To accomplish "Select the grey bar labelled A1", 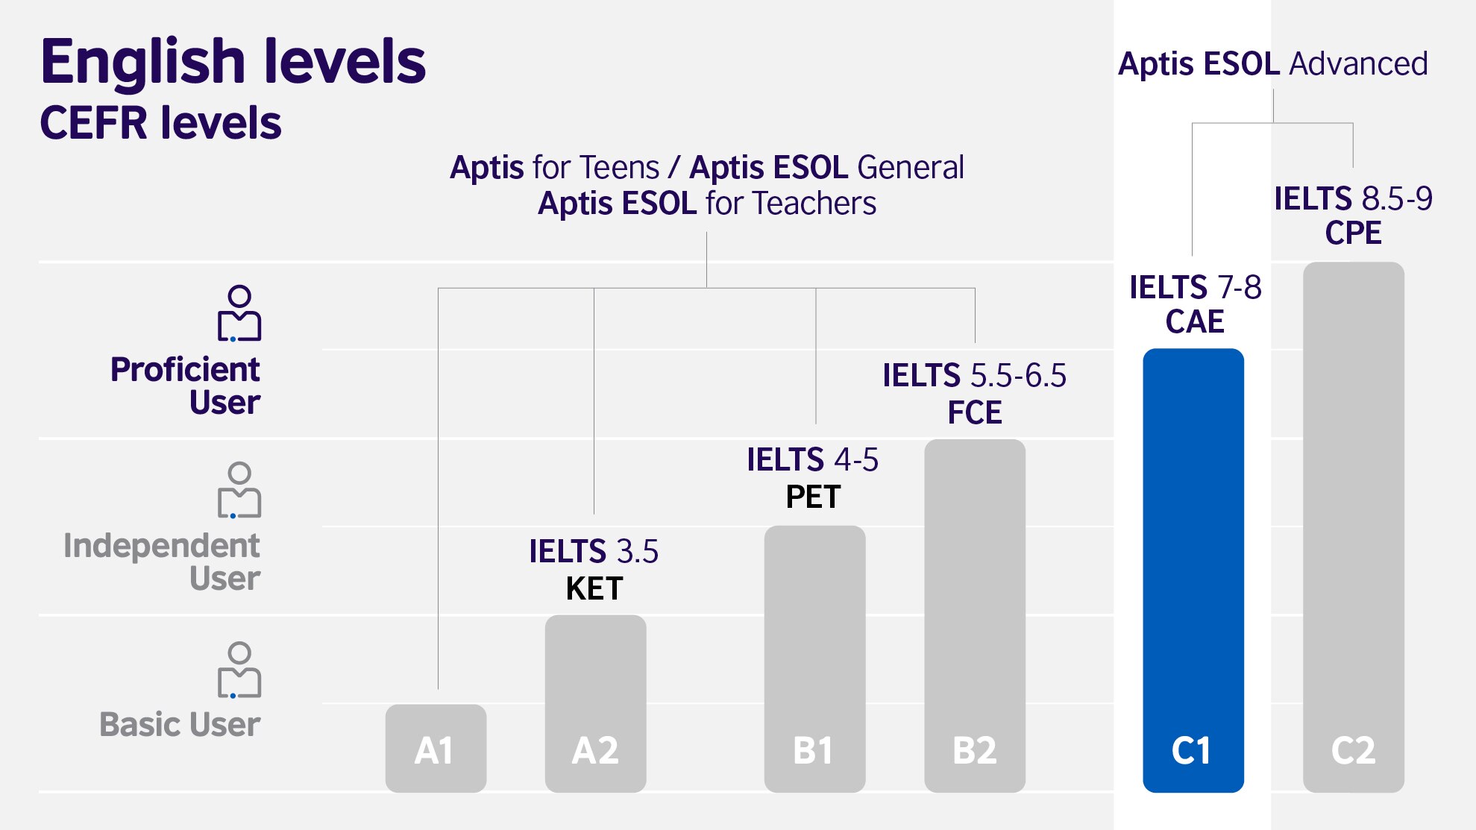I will (436, 748).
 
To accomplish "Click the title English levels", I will (233, 61).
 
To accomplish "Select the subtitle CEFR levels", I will (160, 123).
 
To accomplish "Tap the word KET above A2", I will (594, 589).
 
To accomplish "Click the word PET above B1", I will (813, 497).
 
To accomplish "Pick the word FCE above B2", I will (975, 413).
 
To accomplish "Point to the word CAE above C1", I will (1195, 322).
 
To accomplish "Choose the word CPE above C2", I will (1353, 233).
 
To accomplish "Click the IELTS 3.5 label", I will (594, 552).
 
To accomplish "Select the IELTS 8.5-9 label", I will (1353, 199).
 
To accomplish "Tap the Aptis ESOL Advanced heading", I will (1272, 64).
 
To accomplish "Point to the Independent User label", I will (162, 562).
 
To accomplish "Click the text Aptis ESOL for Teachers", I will (707, 204).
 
